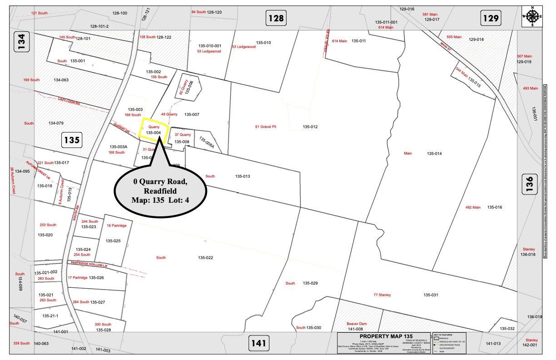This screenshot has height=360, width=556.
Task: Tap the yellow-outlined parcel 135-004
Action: (154, 129)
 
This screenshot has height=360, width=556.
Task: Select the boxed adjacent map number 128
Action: (276, 18)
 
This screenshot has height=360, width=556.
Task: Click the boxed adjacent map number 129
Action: (491, 18)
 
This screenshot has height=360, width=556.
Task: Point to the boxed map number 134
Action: (22, 41)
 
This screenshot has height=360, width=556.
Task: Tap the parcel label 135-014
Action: (434, 154)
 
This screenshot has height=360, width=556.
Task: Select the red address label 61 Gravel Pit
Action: (266, 127)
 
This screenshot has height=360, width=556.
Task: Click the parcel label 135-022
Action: (205, 258)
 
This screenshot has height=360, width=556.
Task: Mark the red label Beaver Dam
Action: (357, 324)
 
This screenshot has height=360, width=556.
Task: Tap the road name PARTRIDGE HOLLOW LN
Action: (89, 264)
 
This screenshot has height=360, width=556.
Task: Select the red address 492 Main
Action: (473, 207)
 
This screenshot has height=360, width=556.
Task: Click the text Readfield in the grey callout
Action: (160, 191)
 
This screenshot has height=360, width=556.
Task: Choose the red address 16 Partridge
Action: (117, 225)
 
